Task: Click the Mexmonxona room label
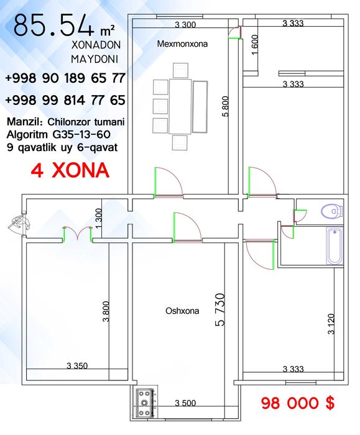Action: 182,44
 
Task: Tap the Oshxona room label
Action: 182,311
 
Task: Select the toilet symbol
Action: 331,211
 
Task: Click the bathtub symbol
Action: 335,246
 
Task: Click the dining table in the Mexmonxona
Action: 180,106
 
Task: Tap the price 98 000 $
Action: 298,403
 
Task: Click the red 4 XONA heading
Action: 70,170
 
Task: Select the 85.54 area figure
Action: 53,25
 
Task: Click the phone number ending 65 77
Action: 65,78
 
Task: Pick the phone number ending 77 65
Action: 65,100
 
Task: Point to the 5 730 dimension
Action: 220,309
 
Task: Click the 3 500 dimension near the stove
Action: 185,403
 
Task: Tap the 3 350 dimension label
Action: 77,365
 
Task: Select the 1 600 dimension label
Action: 255,44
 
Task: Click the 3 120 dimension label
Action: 331,324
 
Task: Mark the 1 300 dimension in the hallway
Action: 98,219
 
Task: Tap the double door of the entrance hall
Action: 78,234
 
